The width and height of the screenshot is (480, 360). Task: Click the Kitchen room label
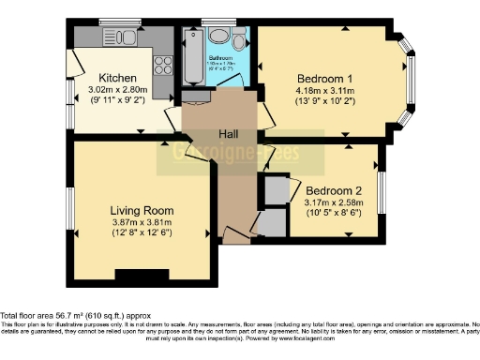click(x=119, y=77)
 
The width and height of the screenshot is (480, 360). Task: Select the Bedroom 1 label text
click(x=325, y=78)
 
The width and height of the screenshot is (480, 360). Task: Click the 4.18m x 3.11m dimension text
click(x=325, y=91)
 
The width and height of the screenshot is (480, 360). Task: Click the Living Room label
click(x=138, y=209)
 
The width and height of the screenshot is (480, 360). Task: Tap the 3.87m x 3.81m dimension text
click(x=138, y=222)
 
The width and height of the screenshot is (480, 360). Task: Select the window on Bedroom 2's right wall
click(x=381, y=187)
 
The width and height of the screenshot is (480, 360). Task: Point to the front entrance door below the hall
click(x=236, y=240)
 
